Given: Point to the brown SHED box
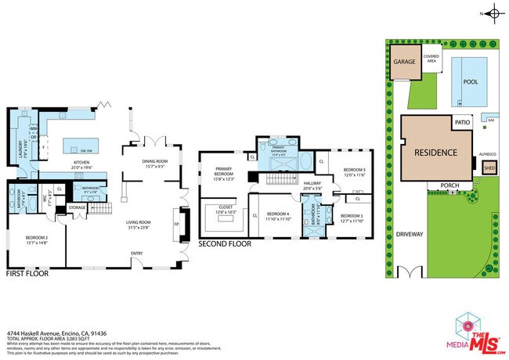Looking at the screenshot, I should click(489, 167).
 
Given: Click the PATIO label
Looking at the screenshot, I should click(464, 122).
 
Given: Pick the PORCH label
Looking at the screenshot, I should click(449, 185).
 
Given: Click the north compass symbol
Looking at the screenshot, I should click(494, 13).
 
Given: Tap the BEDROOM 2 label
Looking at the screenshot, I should click(36, 239).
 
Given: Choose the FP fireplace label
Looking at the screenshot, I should click(175, 222).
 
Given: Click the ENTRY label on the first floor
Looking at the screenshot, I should click(137, 253).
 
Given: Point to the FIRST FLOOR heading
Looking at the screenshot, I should click(27, 275).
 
